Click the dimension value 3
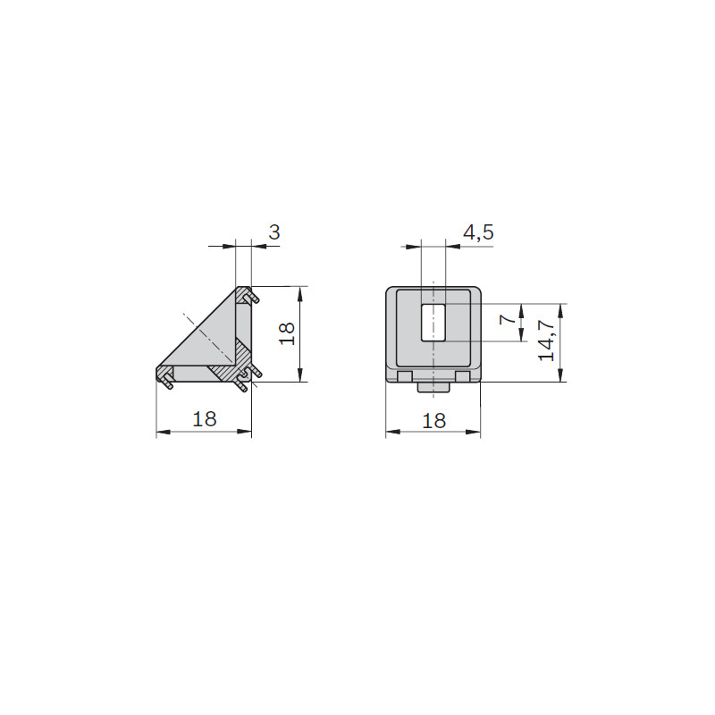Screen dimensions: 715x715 pos(274,232)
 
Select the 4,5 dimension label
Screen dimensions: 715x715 pos(478,232)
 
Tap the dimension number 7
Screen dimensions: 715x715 pos(508,319)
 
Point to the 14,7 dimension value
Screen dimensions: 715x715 pos(546,340)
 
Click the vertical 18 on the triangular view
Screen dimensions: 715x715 pos(287,333)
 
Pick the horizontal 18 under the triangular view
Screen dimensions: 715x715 pos(205,418)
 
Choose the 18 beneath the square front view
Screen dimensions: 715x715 pos(433,420)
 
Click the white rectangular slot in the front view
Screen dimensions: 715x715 pos(433,322)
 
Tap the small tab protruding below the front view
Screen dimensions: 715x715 pos(433,387)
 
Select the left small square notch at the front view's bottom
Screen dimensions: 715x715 pos(405,376)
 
